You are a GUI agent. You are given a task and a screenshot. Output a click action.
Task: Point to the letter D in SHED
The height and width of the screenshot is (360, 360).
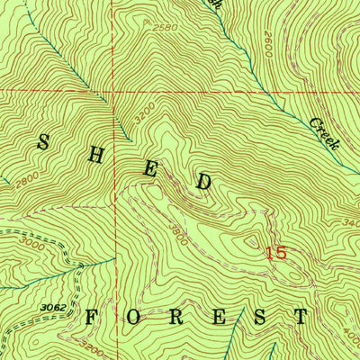coord(204,182)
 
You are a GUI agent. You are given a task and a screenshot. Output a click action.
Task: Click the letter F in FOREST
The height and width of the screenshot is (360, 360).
coord(93,317)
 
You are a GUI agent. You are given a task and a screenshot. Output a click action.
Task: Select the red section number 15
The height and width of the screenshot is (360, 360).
coord(276,253)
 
